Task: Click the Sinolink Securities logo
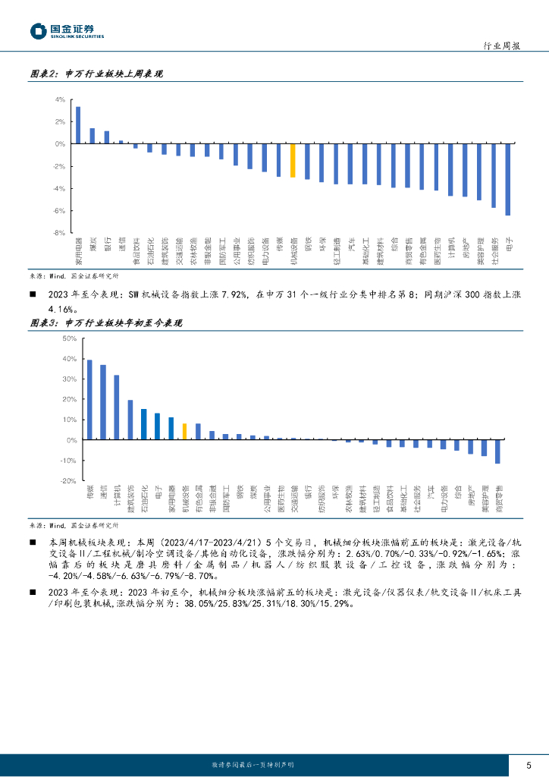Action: click(x=67, y=31)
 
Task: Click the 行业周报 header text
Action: click(x=501, y=46)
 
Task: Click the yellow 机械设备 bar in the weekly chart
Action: click(x=292, y=161)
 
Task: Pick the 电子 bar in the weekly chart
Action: click(x=507, y=179)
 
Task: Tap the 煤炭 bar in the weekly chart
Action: click(x=93, y=136)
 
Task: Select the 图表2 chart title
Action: click(x=96, y=74)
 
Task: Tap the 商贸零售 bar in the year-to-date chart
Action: click(x=497, y=451)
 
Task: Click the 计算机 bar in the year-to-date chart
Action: click(x=117, y=407)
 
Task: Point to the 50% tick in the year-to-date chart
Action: click(x=68, y=338)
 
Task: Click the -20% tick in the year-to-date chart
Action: click(x=68, y=480)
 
